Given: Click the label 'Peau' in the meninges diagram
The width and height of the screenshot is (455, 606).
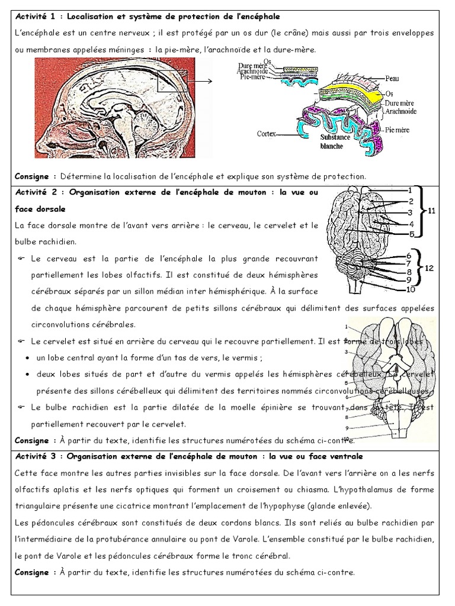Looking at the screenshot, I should (x=391, y=78).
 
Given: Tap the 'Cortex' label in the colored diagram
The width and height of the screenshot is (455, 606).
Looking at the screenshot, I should (x=267, y=134).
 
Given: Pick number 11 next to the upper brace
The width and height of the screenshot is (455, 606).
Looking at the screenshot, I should (x=432, y=210).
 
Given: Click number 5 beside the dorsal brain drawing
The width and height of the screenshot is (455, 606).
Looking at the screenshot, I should (x=411, y=234).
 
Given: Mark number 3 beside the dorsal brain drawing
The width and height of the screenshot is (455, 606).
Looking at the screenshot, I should (x=410, y=212).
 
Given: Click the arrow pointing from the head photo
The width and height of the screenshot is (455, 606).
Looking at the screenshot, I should (x=201, y=82).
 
